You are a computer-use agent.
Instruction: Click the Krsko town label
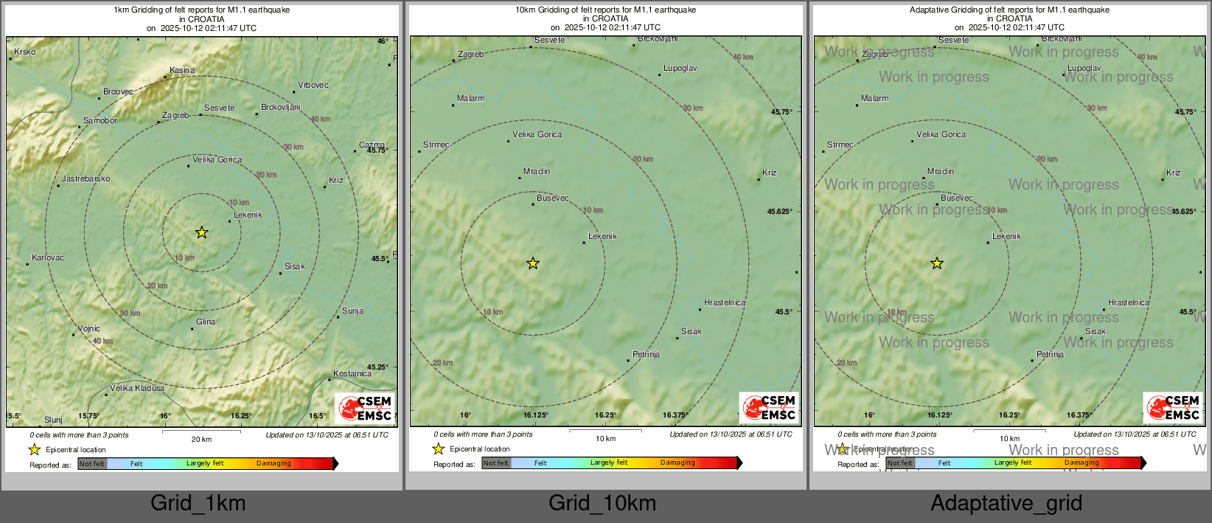[x=24, y=52]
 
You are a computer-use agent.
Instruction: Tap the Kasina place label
[x=182, y=71]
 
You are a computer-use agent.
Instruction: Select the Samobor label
[x=100, y=121]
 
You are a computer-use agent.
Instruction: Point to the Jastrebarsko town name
[x=86, y=179]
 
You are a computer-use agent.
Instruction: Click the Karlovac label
[x=48, y=258]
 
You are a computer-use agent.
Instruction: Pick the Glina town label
[x=206, y=322]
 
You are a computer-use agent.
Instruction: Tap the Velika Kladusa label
[x=137, y=389]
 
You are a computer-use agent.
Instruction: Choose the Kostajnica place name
[x=352, y=374]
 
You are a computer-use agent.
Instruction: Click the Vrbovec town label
[x=313, y=86]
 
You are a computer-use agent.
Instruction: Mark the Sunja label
[x=352, y=311]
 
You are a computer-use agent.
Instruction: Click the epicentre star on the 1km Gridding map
[x=201, y=233]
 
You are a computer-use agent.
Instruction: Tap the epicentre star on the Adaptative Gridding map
[x=936, y=263]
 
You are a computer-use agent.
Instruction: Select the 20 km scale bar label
[x=201, y=440]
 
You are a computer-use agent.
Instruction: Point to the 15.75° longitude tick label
[x=88, y=416]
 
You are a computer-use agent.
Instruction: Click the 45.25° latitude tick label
[x=377, y=367]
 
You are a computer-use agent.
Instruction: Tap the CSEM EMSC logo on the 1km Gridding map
[x=365, y=408]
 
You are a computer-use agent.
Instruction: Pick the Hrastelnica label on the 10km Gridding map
[x=724, y=303]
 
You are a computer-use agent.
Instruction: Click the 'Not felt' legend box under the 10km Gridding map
[x=496, y=463]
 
